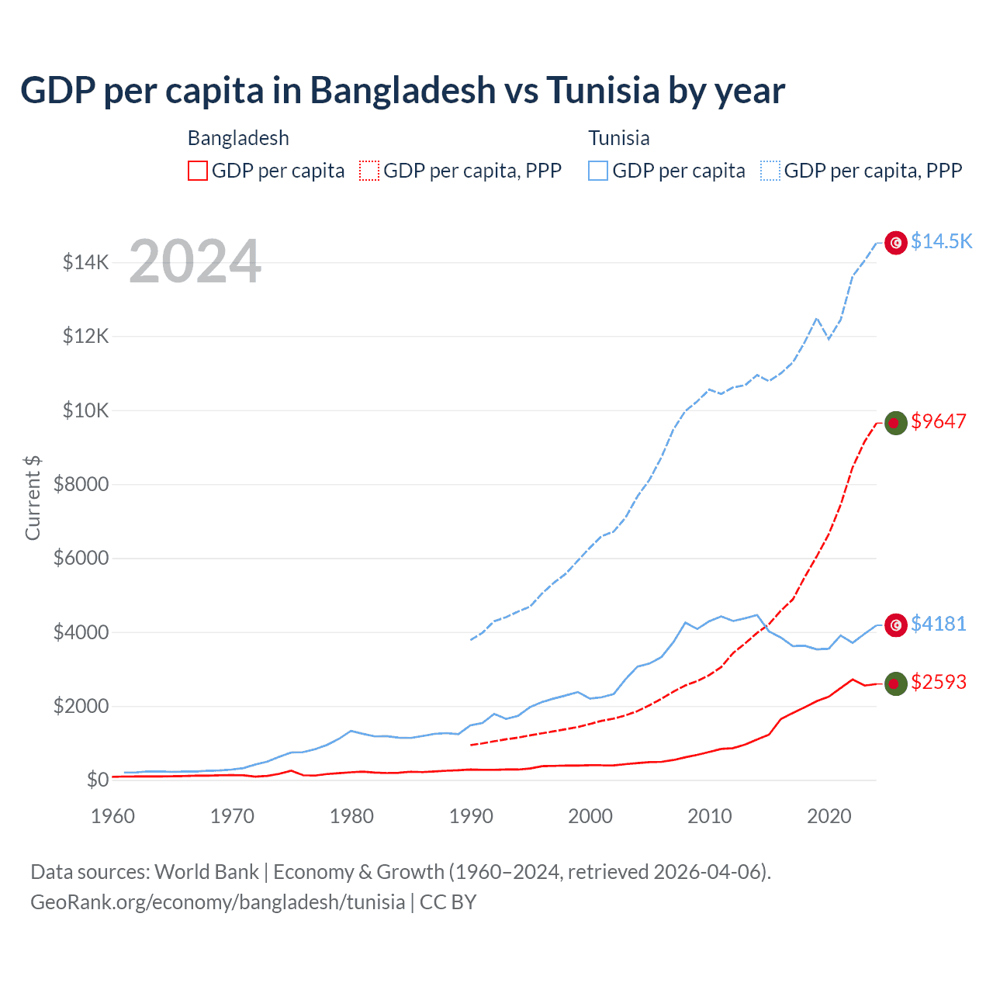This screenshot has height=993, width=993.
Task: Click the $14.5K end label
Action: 941,241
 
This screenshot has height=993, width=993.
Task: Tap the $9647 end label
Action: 939,421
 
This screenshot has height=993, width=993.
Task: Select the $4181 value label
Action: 939,624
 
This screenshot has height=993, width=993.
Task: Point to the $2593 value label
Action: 939,682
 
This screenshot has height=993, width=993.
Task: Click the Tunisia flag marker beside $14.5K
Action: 896,243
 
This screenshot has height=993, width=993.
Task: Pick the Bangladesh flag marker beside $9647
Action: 896,423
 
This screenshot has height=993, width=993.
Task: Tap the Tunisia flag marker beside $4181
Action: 896,625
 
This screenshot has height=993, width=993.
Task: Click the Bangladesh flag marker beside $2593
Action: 896,683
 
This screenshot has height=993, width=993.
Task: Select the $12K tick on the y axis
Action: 86,336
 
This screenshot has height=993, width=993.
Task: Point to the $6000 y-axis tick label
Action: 81,558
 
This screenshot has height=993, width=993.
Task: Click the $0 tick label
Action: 97,780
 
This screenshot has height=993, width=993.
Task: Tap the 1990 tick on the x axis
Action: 471,816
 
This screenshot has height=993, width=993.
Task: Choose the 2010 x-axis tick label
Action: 710,816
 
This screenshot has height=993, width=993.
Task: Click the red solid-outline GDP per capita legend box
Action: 198,171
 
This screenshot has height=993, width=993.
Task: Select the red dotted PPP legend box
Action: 369,171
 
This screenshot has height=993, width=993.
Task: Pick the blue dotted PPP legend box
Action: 770,171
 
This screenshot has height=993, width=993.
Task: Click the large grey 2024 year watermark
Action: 195,261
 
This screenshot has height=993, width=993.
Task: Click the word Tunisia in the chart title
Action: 603,90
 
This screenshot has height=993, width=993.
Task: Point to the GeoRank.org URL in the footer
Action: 218,902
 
